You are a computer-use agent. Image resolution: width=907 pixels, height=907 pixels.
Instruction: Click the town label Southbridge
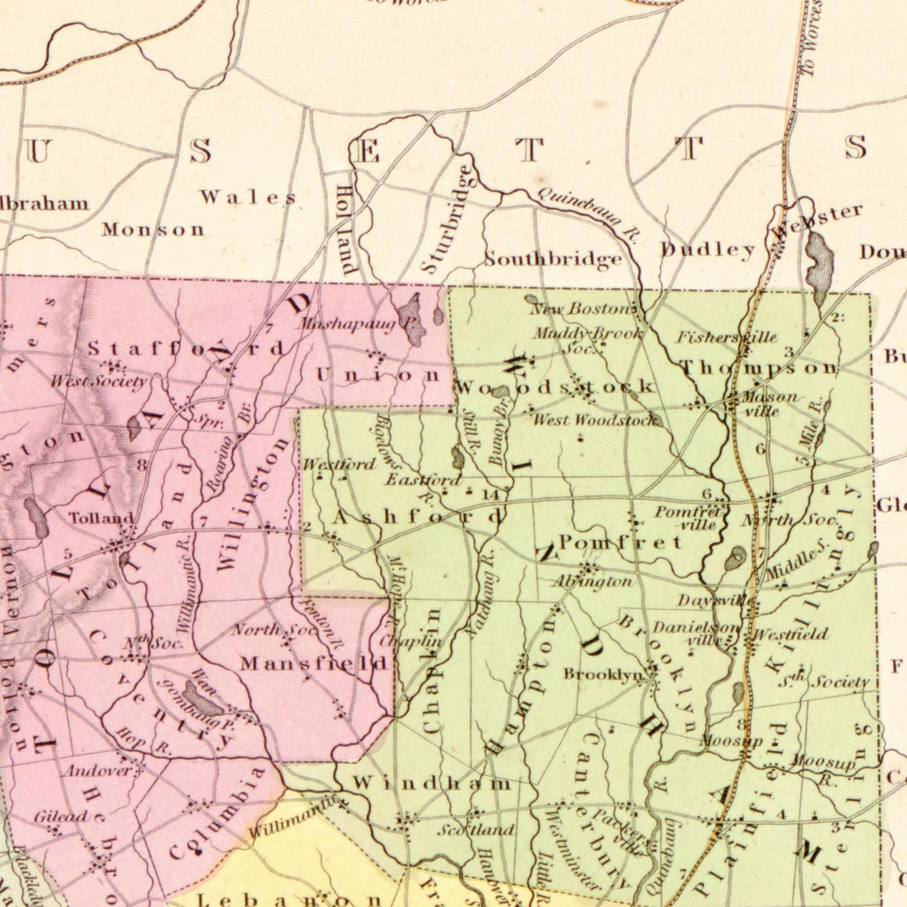[553, 259]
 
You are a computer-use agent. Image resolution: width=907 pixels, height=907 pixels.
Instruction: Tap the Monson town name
[154, 229]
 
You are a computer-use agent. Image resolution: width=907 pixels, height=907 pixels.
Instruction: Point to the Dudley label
[707, 250]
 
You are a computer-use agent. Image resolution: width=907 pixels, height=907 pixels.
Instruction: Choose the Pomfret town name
[620, 542]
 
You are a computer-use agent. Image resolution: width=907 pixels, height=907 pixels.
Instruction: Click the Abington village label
[592, 582]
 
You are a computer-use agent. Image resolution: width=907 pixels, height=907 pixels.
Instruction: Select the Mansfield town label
[314, 663]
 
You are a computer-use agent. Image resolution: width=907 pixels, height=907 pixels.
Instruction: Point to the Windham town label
[431, 783]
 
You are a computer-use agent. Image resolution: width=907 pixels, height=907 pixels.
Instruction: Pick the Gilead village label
[60, 817]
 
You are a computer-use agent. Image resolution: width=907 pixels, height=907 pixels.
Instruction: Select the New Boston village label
[581, 308]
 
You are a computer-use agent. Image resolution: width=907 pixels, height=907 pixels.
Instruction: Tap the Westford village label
[339, 464]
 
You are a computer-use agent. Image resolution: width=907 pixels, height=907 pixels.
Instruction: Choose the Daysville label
[715, 601]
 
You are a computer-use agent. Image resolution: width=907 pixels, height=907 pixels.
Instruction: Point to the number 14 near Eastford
[490, 495]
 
